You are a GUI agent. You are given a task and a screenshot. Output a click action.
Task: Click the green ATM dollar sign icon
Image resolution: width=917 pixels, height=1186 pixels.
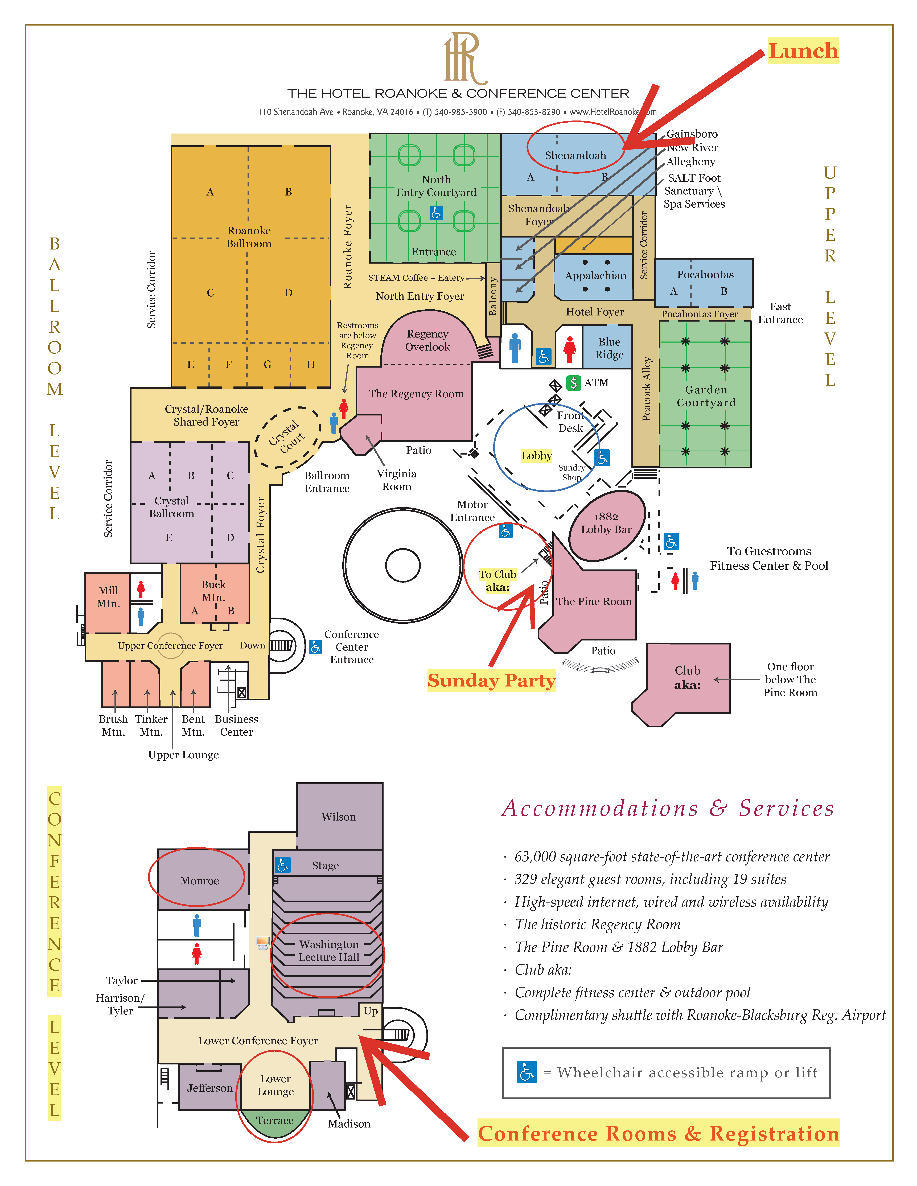(x=573, y=383)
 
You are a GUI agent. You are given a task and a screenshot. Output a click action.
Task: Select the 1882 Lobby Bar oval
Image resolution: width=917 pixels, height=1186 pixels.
(x=607, y=525)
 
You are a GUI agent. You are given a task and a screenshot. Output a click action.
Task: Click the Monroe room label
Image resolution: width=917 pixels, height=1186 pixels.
(x=199, y=881)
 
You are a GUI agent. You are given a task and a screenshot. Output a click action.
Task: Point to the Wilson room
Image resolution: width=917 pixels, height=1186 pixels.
(x=339, y=816)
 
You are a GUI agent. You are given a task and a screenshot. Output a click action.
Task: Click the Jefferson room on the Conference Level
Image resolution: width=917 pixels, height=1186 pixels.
(x=210, y=1088)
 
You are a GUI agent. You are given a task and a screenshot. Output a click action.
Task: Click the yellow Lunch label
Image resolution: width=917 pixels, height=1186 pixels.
(x=803, y=51)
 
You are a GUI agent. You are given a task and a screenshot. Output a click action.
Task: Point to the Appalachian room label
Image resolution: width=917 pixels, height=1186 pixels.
(x=595, y=276)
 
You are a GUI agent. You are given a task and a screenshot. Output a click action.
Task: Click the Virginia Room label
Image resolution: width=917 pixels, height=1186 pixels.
(x=397, y=480)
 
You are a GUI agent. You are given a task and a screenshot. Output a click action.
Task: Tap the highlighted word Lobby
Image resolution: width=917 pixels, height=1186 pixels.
(x=536, y=456)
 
